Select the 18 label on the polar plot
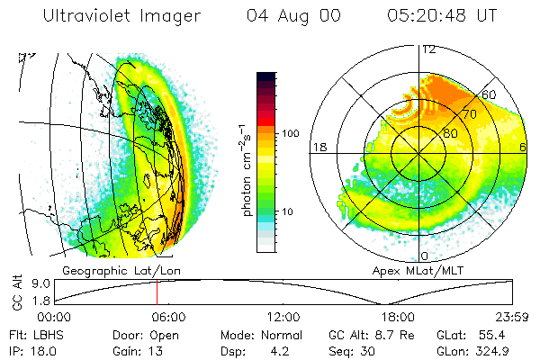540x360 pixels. click(x=319, y=147)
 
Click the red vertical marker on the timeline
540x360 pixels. click(x=157, y=292)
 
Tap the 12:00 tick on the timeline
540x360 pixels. click(x=284, y=317)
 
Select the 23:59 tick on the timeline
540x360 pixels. click(x=512, y=317)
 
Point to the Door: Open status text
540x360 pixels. click(x=140, y=334)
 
